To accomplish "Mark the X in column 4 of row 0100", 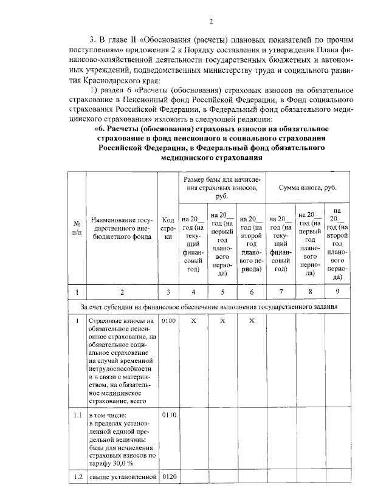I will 193,321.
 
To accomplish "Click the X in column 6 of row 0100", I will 251,321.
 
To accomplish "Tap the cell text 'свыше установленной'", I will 122,476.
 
